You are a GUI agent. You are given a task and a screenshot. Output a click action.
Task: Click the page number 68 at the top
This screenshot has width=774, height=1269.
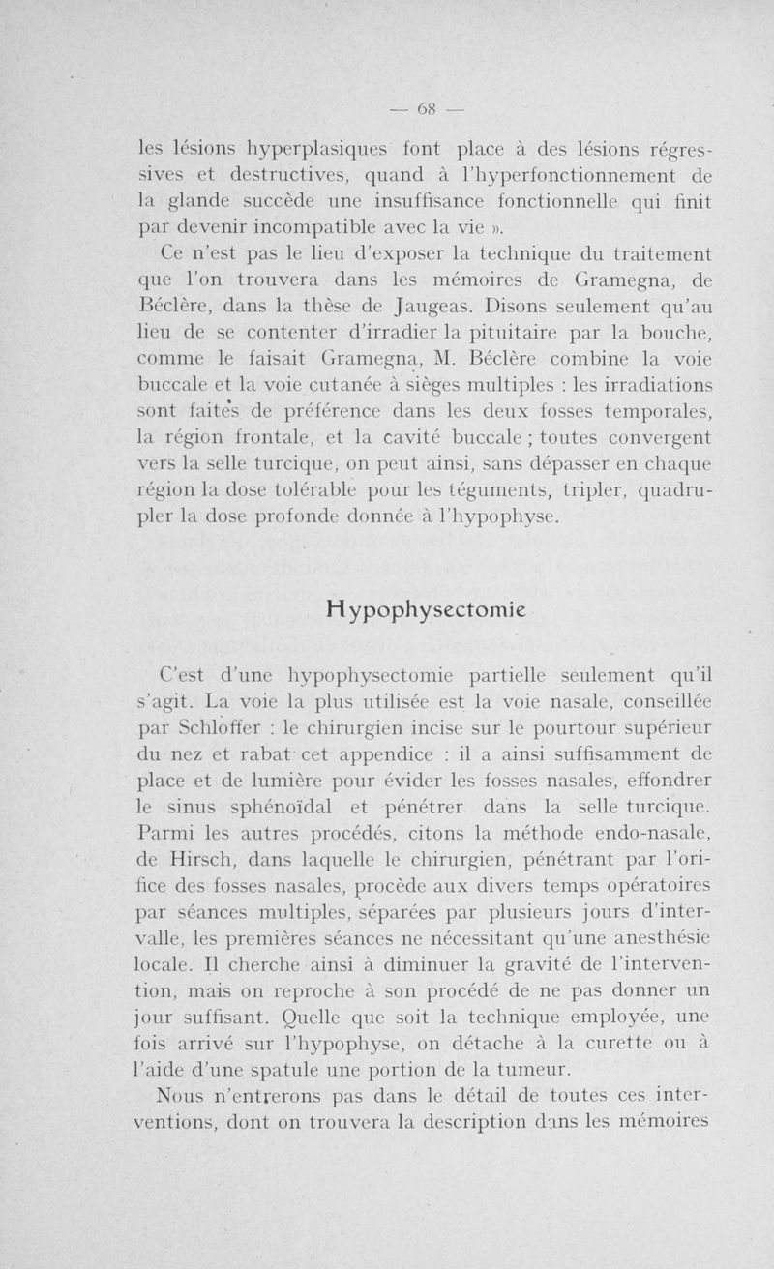(426, 108)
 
